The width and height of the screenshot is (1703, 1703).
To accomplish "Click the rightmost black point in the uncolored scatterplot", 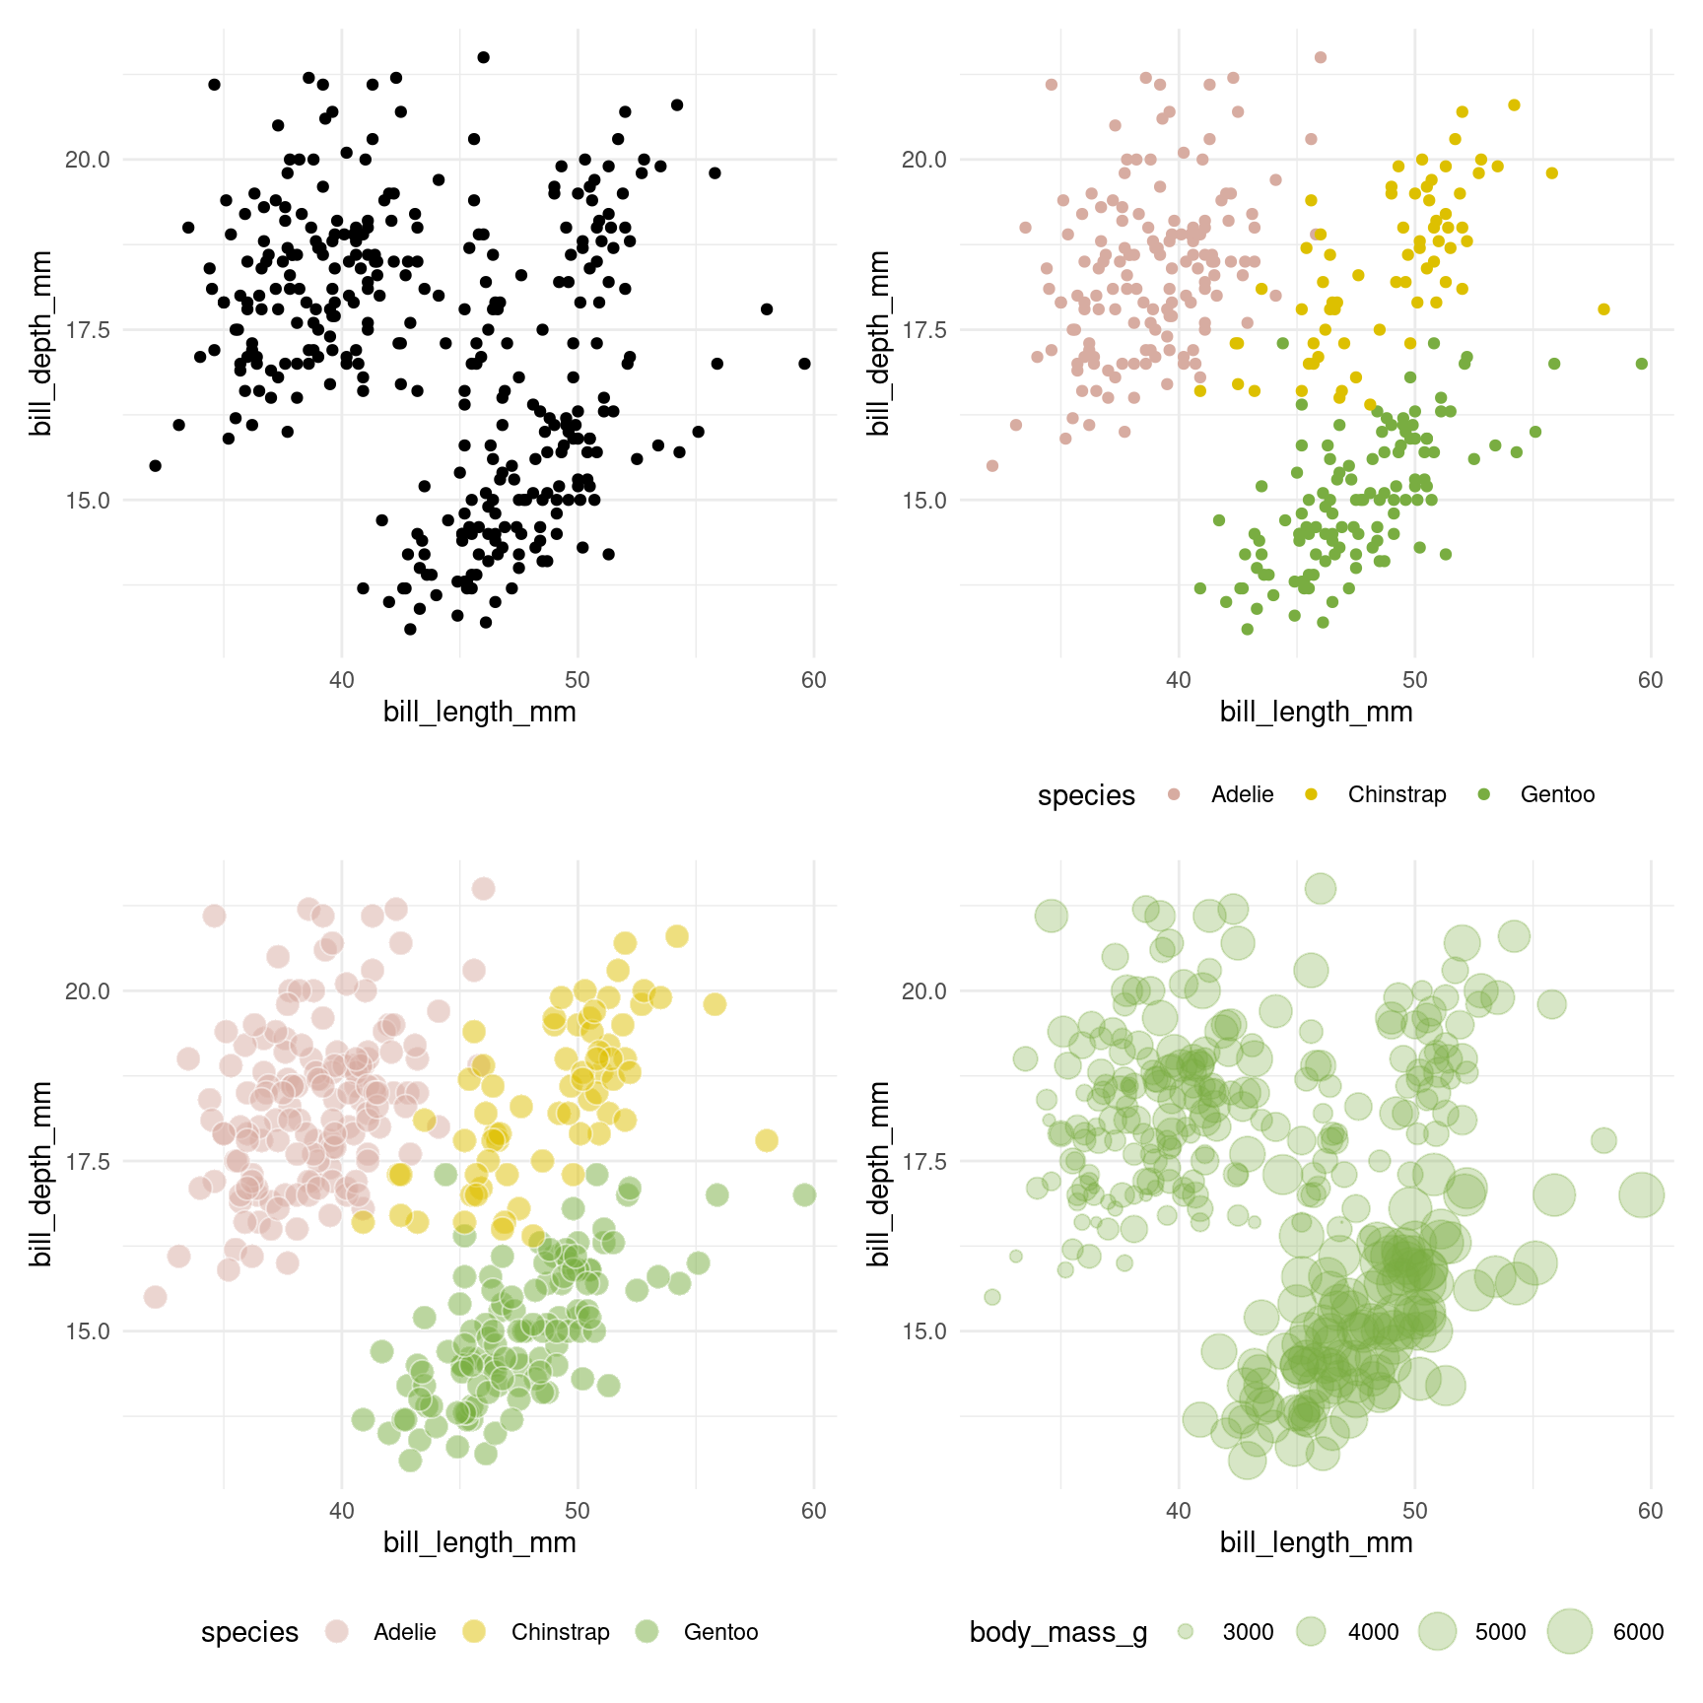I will pos(804,364).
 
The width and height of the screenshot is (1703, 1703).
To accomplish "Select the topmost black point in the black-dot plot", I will pos(483,57).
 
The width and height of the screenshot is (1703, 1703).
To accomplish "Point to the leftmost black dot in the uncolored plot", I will pos(155,465).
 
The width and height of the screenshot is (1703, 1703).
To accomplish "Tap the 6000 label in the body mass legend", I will pos(1638,1632).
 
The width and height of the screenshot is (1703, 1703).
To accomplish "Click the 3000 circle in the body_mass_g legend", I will pos(1186,1632).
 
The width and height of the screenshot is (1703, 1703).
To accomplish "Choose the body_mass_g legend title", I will pos(1058,1632).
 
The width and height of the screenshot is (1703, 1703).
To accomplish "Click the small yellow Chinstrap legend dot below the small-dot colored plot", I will pos(1311,794).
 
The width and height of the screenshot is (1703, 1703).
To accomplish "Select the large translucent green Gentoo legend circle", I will pos(647,1632).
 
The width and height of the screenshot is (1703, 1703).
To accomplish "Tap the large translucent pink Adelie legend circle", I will pos(337,1632).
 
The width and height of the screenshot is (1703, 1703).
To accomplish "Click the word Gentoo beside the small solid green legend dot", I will pos(1557,794).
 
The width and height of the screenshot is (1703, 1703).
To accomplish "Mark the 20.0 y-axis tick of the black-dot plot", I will pos(88,160).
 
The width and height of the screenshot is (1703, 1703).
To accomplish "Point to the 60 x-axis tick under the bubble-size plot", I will pos(1650,1511).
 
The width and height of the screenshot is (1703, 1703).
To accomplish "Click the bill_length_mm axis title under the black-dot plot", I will pos(480,712).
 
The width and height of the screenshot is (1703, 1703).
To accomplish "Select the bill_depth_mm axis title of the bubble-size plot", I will pos(878,1173).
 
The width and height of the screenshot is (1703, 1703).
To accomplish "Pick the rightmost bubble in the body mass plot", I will pos(1641,1195).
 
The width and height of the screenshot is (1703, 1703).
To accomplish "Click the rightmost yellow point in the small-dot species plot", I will pos(1603,309).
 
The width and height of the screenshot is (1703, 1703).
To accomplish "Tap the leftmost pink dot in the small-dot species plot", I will pos(992,465).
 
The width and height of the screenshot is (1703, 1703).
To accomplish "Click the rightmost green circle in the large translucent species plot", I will pos(804,1195).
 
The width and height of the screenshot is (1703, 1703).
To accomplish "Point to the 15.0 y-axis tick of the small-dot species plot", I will pos(924,500).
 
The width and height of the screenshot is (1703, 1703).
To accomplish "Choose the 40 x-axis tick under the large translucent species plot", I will pos(342,1511).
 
